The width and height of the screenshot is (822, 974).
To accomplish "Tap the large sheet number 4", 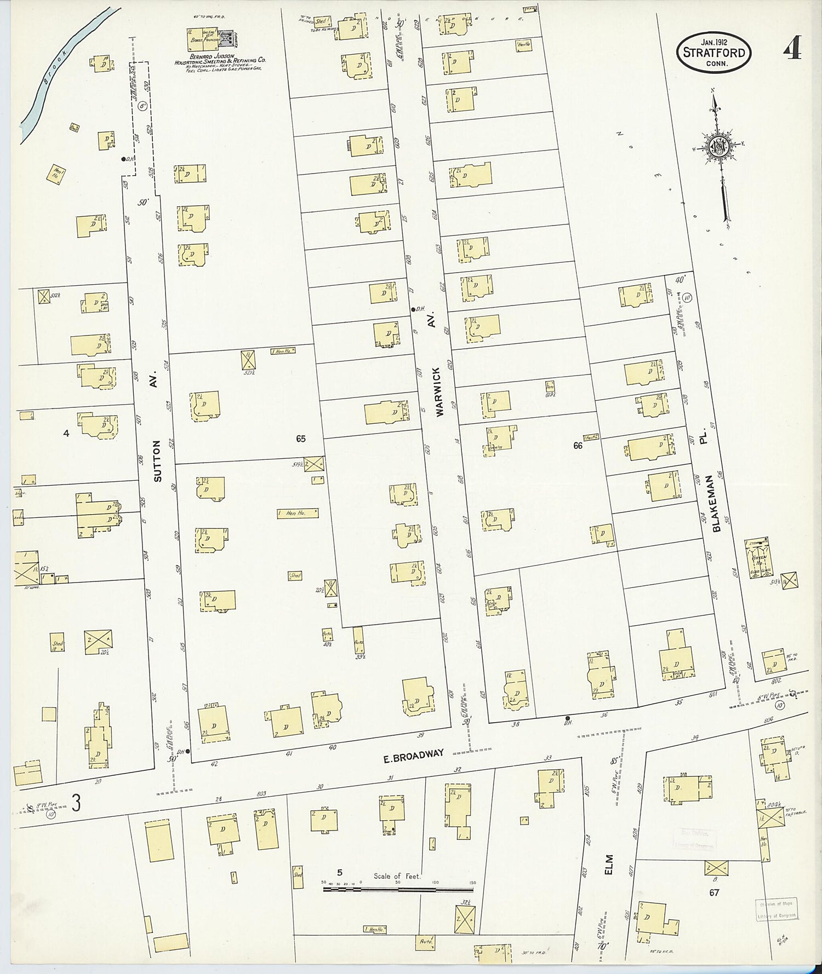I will (792, 50).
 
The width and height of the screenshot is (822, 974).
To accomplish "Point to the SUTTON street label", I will (158, 461).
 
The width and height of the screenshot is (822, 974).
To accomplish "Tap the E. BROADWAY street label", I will (413, 754).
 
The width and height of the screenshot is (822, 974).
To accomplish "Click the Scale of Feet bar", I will (398, 890).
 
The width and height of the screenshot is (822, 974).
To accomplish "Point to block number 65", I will (300, 439).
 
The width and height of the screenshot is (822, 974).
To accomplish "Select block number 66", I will (578, 446).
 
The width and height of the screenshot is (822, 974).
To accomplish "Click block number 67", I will (714, 892).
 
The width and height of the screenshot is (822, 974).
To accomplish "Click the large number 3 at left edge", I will (77, 804).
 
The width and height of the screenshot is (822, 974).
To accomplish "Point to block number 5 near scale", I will (340, 873).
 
